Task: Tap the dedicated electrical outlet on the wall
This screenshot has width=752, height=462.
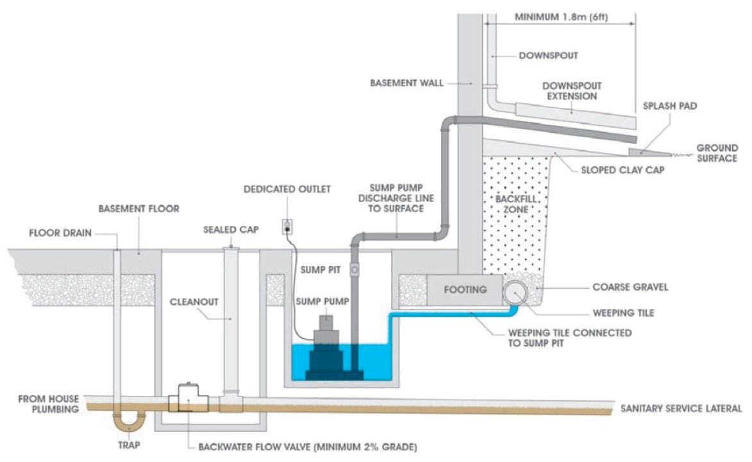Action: (287, 226)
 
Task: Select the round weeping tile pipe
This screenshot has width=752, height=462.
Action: (516, 293)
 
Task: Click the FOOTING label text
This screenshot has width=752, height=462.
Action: (466, 289)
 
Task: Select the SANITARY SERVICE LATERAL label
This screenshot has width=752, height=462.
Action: (681, 408)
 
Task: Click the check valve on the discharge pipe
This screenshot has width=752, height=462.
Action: (355, 270)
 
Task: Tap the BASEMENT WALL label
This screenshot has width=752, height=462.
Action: (406, 83)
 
